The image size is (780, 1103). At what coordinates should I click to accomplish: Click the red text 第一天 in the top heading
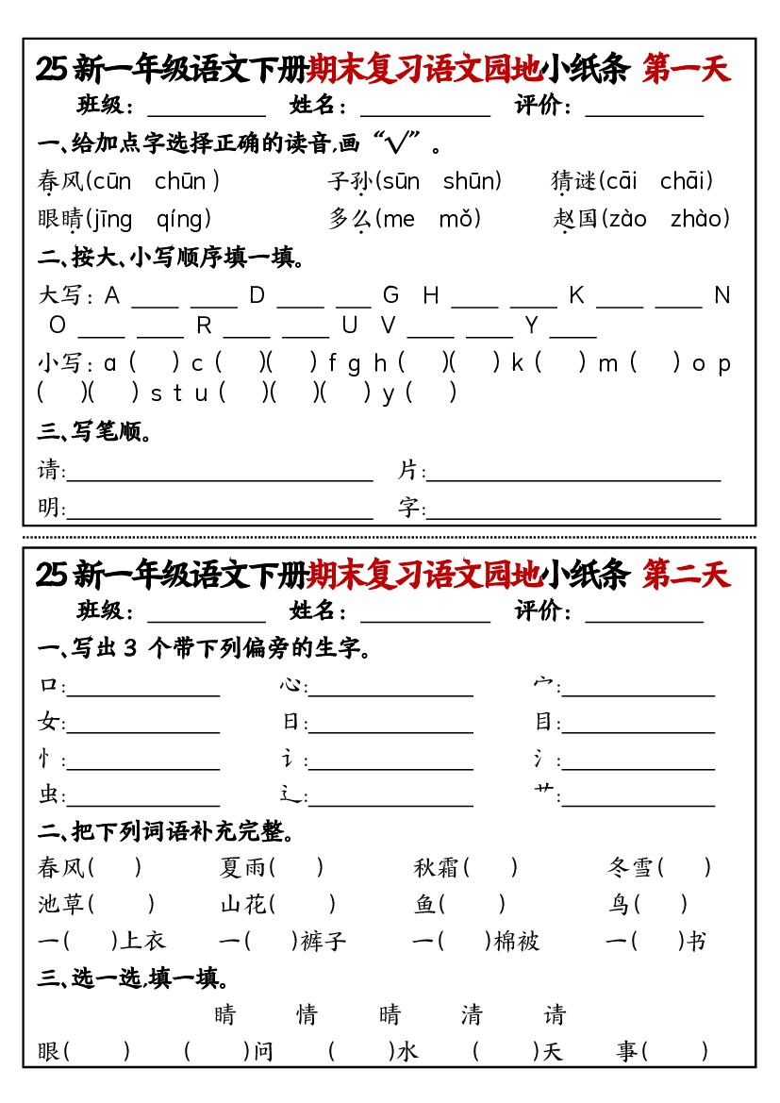[686, 70]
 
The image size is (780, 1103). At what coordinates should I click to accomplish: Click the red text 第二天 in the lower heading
[686, 575]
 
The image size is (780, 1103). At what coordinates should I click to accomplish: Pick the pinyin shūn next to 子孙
[471, 181]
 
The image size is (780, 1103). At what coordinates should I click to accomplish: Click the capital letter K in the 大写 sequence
[576, 296]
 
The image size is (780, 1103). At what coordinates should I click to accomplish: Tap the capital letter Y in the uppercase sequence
[531, 326]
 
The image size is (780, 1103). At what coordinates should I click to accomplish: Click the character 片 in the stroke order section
[407, 470]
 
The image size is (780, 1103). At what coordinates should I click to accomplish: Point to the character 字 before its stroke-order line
[407, 508]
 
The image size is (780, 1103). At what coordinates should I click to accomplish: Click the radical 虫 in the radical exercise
[48, 795]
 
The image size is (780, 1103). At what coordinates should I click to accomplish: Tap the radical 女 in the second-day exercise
[48, 723]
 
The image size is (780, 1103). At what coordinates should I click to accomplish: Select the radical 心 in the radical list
[290, 686]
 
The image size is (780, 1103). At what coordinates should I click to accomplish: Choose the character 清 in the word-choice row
[472, 1015]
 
